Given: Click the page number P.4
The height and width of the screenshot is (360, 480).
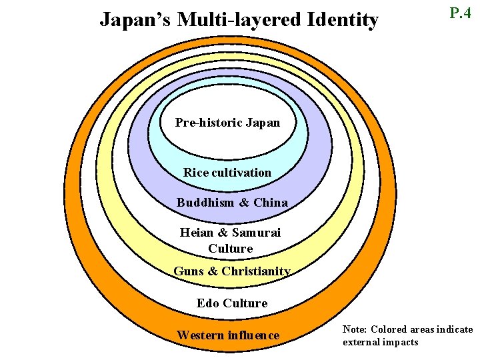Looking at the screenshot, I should point(461,13).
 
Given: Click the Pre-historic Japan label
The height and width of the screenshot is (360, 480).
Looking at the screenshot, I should point(227,123).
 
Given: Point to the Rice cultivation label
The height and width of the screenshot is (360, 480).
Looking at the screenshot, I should point(227,173).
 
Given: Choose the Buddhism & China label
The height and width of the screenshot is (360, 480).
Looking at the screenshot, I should point(232,203).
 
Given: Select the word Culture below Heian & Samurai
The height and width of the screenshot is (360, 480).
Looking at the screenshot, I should point(230,249).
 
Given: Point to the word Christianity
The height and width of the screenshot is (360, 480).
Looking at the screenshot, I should point(256,271).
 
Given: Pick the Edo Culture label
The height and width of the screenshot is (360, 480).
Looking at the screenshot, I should point(232,303).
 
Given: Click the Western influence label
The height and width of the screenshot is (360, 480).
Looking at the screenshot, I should point(228,335).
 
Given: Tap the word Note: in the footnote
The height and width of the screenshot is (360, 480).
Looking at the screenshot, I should point(355,329).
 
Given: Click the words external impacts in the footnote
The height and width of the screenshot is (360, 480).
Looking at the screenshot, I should point(380,342).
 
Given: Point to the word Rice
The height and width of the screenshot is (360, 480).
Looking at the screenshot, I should point(196,173).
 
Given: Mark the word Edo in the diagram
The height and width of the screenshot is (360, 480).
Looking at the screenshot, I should point(208,303).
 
